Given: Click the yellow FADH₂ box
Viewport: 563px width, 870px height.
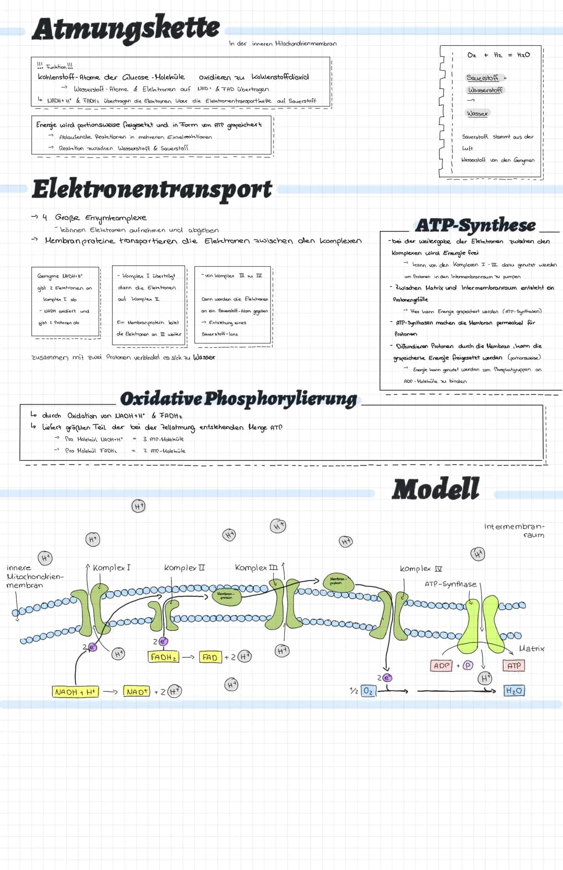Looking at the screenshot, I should point(163,657).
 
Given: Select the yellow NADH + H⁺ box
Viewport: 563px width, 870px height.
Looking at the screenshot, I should point(75,692).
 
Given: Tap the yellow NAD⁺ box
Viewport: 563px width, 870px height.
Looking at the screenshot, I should point(137,692).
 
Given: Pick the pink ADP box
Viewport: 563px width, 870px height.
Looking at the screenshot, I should point(442,666).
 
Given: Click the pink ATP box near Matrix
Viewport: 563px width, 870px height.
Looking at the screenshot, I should point(513,666).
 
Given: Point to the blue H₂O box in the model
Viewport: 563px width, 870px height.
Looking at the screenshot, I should point(514,691).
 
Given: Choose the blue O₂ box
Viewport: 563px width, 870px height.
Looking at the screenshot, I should point(368,691).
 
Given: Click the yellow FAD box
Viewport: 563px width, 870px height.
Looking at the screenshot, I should point(210,657).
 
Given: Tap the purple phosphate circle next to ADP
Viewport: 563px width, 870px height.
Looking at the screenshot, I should point(468,666).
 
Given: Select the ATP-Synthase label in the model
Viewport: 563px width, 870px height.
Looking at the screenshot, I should point(450,584).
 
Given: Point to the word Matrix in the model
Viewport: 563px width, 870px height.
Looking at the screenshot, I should point(531,648).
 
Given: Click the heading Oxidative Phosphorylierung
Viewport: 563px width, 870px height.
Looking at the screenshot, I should point(238,399).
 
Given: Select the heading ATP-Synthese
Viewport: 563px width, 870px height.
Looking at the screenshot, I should point(475,225).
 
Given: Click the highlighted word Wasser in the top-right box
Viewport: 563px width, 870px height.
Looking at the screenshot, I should point(478,113).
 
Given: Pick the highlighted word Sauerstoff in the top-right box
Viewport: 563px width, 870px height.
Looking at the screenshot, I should point(482,78).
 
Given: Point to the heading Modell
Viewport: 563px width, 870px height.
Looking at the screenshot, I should point(435,489).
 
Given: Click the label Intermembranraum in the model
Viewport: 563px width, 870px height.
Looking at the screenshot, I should point(514,531).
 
